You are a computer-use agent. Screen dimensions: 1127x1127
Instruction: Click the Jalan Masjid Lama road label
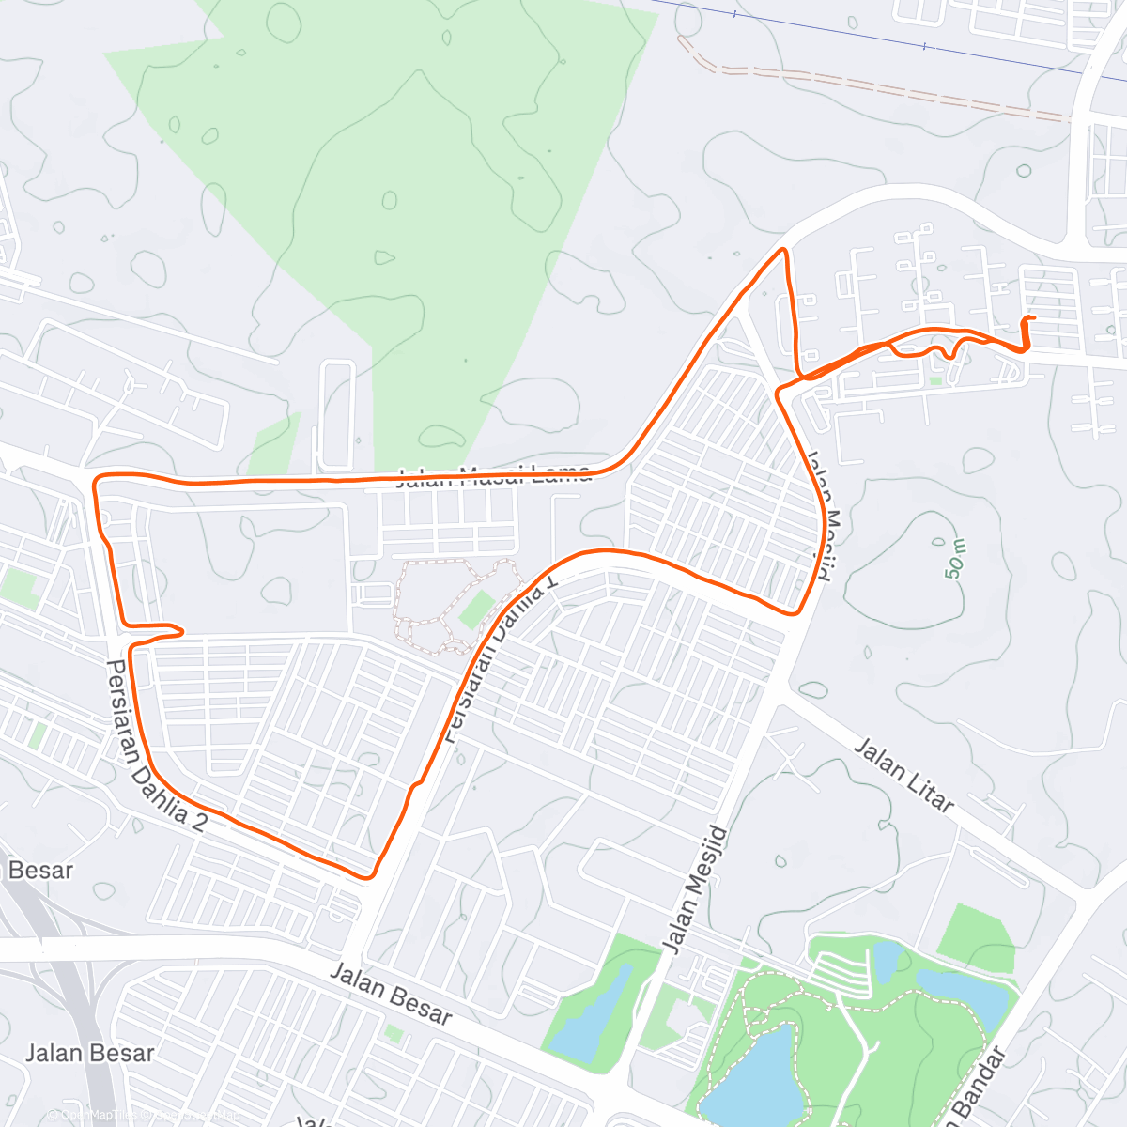494,475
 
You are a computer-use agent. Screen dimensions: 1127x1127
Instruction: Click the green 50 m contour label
955,561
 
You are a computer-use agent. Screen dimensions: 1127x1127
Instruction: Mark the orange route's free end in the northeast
1033,319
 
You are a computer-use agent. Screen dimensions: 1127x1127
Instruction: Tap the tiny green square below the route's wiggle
935,380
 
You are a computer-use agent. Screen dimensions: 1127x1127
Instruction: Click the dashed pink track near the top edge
873,89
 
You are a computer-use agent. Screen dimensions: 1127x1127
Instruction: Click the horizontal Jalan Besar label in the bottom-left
89,1053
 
